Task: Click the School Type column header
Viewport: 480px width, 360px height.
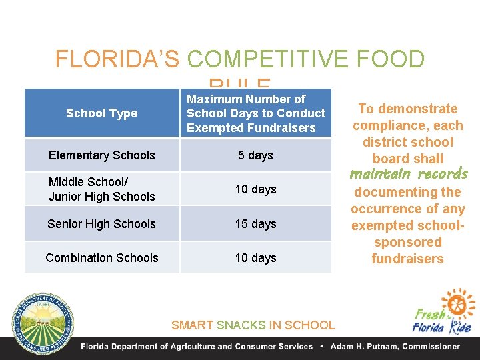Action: pos(101,113)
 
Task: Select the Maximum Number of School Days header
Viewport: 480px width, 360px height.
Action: pos(255,113)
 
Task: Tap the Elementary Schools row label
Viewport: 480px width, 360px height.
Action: pos(101,155)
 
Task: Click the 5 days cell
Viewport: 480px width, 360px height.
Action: pos(255,155)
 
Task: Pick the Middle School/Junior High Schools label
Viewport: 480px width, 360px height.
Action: pos(101,189)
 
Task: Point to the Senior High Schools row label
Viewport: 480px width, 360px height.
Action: pos(101,224)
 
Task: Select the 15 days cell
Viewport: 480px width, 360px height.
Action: pos(255,224)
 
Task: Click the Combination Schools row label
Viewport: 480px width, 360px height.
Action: pos(101,258)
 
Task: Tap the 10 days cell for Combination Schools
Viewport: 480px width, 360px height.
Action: pos(255,258)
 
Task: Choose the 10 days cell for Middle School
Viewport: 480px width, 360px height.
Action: pos(255,189)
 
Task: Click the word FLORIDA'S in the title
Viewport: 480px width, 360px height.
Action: pos(117,60)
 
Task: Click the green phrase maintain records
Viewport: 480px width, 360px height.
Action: pos(409,175)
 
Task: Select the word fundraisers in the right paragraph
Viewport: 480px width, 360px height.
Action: pos(407,259)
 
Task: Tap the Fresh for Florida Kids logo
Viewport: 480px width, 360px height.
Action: pos(443,313)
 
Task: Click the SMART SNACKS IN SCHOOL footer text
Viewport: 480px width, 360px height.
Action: pos(253,325)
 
